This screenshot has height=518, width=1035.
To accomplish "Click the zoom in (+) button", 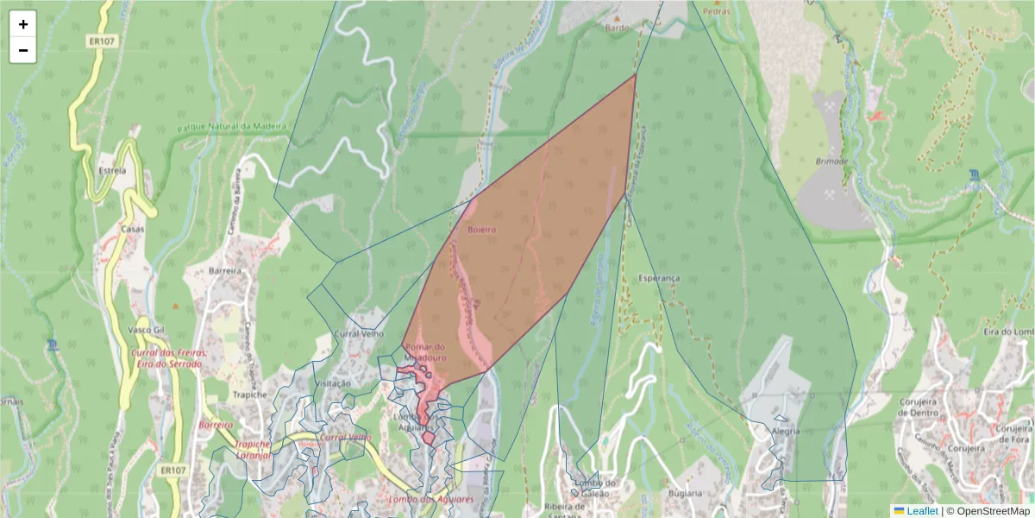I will [23, 24].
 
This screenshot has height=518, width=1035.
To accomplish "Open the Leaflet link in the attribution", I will [921, 511].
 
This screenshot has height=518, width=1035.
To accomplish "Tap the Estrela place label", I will [112, 170].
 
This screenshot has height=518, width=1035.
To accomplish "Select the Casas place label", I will [132, 229].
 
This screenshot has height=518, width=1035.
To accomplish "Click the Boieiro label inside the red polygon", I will [482, 230].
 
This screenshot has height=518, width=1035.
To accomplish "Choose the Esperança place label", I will [660, 278].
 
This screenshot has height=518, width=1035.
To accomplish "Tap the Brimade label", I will [831, 161].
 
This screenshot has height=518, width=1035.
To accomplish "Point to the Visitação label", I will [333, 383].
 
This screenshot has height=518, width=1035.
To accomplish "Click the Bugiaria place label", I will [685, 493].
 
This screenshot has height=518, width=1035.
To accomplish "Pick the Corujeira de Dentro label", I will [923, 406].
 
